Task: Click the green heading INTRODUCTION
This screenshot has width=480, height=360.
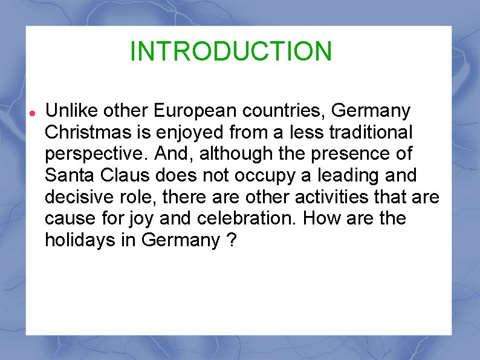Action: pyautogui.click(x=231, y=51)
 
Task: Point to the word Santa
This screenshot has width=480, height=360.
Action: pyautogui.click(x=69, y=176)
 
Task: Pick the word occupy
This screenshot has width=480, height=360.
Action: pyautogui.click(x=270, y=176)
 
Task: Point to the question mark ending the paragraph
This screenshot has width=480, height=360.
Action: pyautogui.click(x=232, y=240)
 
